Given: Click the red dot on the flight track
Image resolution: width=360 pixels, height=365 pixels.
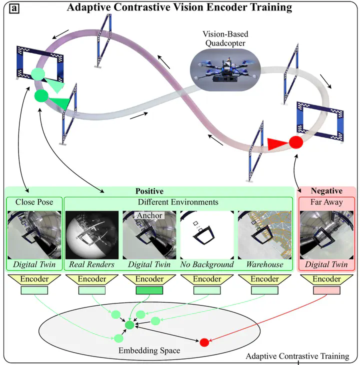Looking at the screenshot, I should click(296, 142).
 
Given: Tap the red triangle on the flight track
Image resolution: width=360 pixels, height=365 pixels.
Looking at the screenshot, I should click(276, 144).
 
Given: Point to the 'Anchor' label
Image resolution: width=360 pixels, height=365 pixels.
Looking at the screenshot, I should click(149, 215).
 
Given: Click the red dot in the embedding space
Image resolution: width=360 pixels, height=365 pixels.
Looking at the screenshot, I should click(204, 342).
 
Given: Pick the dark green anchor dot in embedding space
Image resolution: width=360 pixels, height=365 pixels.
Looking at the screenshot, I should click(129, 325).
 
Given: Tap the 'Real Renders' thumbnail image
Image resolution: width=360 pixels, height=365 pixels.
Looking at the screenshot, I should click(92, 234).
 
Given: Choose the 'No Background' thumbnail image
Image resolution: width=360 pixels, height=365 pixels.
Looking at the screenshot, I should click(207, 234).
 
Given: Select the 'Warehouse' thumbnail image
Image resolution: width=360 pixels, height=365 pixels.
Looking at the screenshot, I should click(264, 234).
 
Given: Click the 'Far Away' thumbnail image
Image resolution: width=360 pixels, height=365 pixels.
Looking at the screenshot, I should click(326, 234).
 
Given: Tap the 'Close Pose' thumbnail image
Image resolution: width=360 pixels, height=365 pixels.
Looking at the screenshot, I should click(34, 234).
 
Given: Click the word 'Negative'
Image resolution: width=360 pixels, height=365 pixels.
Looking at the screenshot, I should click(326, 191).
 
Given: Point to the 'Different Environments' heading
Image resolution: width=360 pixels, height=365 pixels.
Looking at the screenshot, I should click(178, 202).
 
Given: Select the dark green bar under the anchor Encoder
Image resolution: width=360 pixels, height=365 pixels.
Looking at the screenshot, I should click(149, 290).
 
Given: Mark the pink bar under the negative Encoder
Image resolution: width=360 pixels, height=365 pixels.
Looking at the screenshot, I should click(326, 290).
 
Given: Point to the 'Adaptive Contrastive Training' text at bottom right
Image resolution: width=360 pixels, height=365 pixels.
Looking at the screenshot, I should click(297, 356).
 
